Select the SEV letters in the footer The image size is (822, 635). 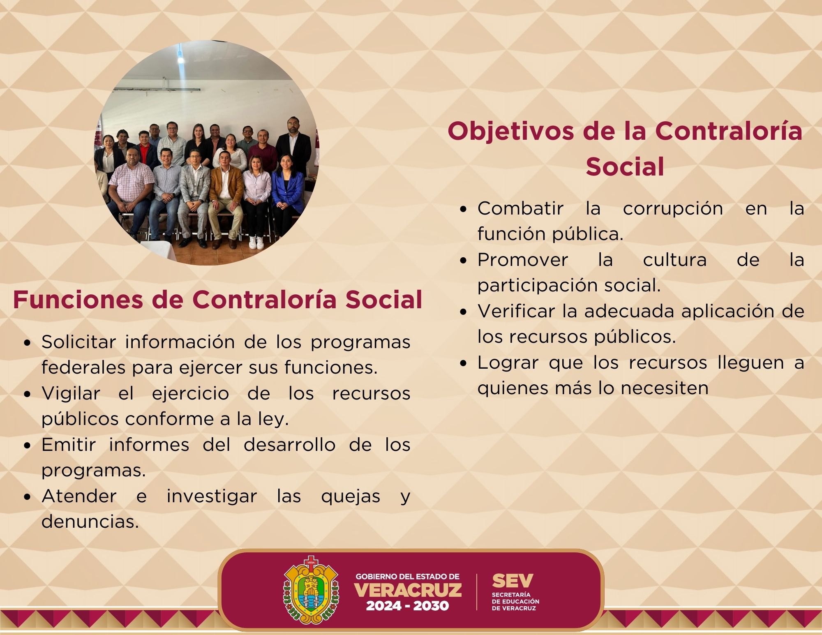point(512,581)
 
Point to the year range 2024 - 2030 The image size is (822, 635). point(407,606)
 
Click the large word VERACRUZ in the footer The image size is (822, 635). point(408,590)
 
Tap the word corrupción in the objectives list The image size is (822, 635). point(673,209)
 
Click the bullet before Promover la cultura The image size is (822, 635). point(464,261)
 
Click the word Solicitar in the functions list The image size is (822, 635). point(79,342)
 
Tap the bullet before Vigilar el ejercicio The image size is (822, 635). point(28,394)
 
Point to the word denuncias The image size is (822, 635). point(90,522)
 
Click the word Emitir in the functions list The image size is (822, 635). point(69,445)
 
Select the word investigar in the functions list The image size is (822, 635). point(212,496)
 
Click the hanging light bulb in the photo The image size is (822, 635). point(180,58)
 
